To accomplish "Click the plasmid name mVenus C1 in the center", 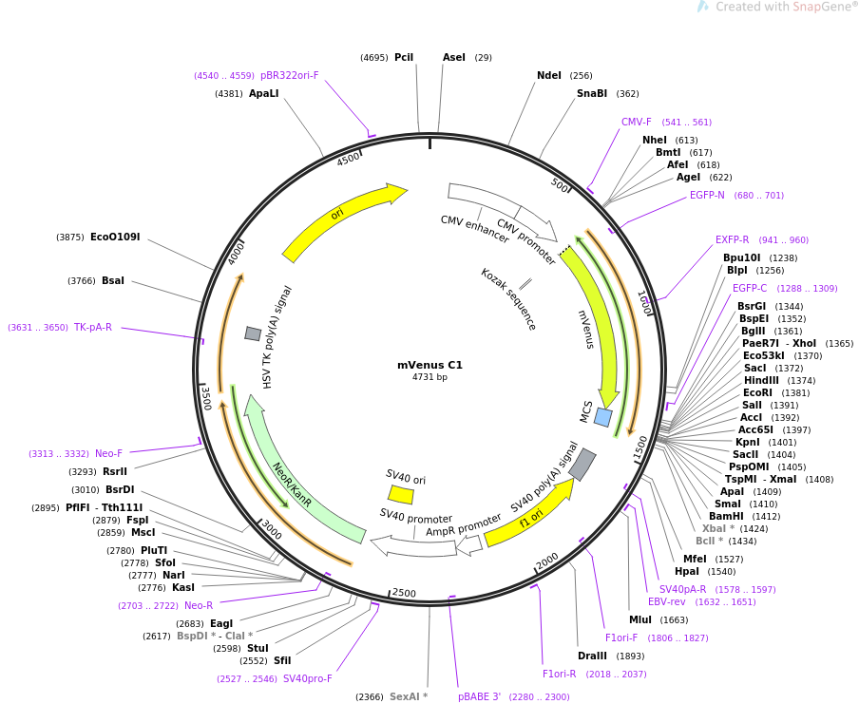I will pyautogui.click(x=429, y=365).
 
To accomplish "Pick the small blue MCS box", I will pyautogui.click(x=602, y=417).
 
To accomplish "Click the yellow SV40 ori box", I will pyautogui.click(x=401, y=494).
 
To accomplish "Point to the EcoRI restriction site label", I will pyautogui.click(x=757, y=392).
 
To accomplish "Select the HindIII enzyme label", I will pyautogui.click(x=761, y=380).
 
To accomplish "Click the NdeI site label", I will pyautogui.click(x=549, y=76).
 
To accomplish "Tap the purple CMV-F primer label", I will pyautogui.click(x=637, y=122).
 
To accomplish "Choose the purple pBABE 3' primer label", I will pyautogui.click(x=479, y=696).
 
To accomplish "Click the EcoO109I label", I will pyautogui.click(x=115, y=237).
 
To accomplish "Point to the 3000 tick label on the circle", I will pyautogui.click(x=272, y=529).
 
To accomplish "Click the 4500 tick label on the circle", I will pyautogui.click(x=349, y=159).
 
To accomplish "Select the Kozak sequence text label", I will pyautogui.click(x=508, y=299).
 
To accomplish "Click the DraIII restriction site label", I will pyautogui.click(x=592, y=656).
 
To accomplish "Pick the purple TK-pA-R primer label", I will pyautogui.click(x=93, y=327).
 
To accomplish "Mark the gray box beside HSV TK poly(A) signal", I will pyautogui.click(x=253, y=333).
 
